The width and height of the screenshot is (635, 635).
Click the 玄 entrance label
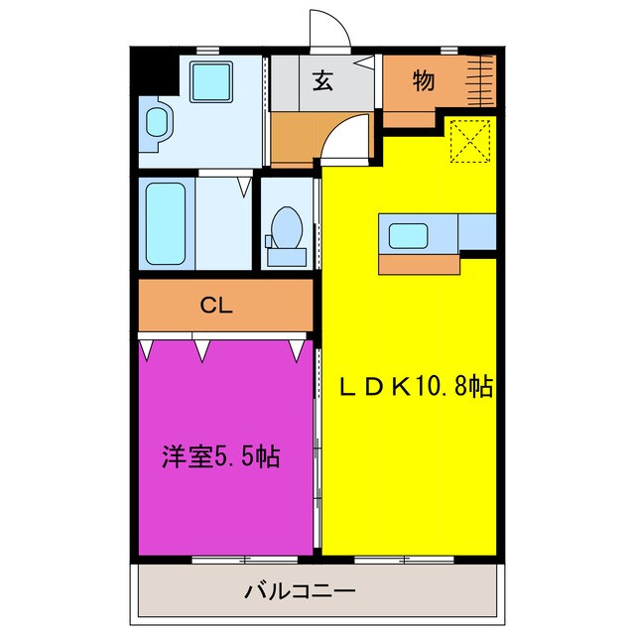point(323,81)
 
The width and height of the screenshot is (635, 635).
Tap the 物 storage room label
point(423,81)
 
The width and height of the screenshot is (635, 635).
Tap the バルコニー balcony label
point(300,592)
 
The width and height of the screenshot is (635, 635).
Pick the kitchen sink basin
point(409,236)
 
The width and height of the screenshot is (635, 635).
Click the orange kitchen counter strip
point(420,264)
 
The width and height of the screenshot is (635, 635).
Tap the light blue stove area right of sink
point(477,232)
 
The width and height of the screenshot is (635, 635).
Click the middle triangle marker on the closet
point(203,348)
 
